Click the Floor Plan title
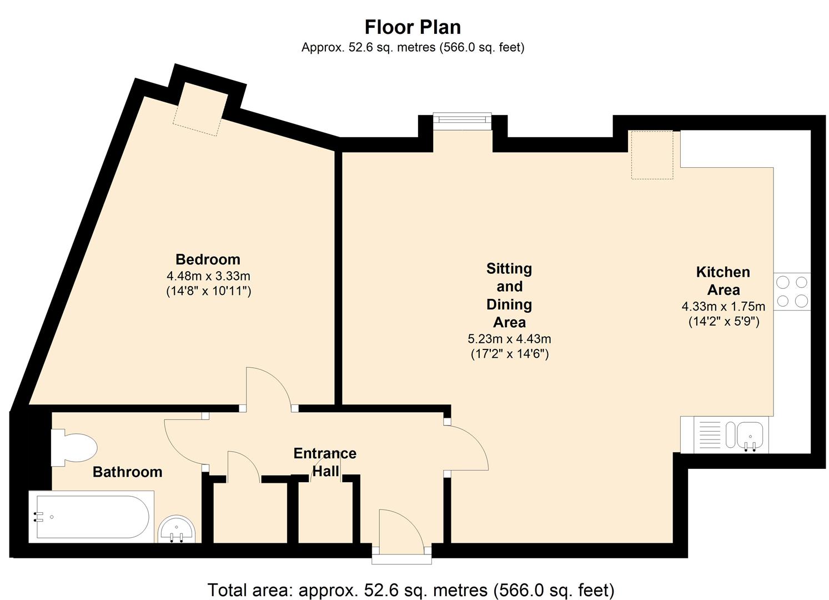pos(413,27)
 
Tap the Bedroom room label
pos(208,259)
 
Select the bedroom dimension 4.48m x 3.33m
pos(209,276)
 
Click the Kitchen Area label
pos(723,281)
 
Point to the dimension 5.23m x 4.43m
pos(510,338)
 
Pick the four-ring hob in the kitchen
pos(792,292)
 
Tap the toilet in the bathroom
pos(73,447)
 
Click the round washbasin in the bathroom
pos(177,529)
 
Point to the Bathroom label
pos(128,472)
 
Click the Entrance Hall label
pos(325,462)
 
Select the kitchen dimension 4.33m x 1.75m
pos(724,306)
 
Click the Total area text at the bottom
pos(411,589)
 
